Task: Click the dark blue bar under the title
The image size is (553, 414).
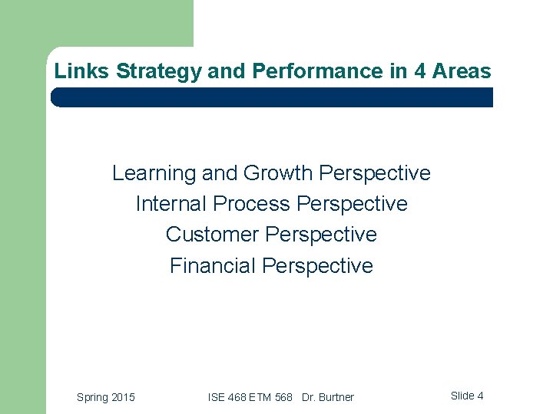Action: tap(272, 97)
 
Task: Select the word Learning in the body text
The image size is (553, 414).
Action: tap(154, 173)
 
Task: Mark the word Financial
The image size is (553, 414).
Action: tap(213, 266)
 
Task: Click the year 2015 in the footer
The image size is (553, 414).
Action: tap(123, 397)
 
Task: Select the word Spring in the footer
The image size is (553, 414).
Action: tap(93, 397)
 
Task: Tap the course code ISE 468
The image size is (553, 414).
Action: tap(224, 397)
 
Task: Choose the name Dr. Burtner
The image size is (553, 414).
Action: tap(328, 397)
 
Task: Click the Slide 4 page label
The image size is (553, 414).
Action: tap(467, 396)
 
